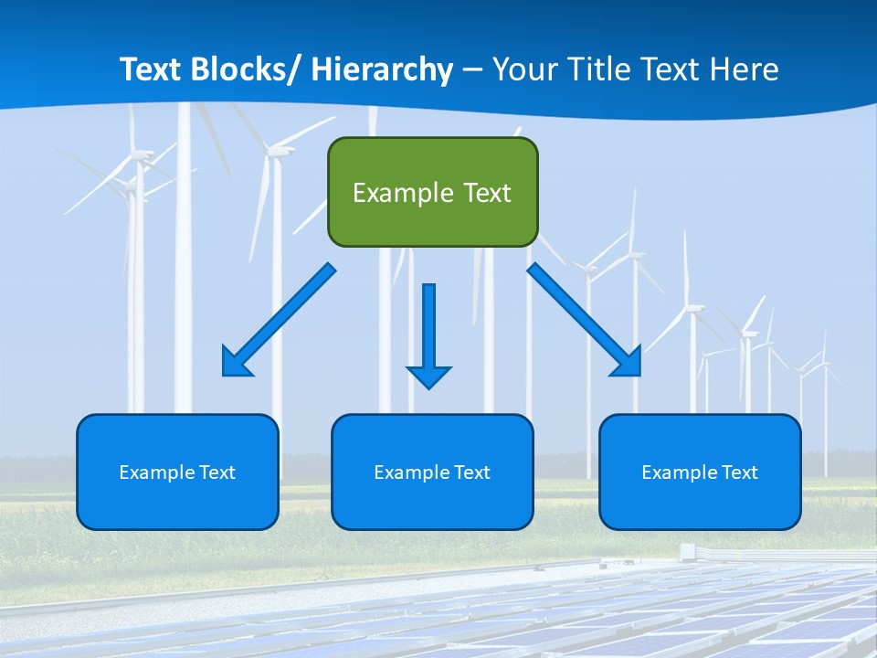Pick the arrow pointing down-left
(x=279, y=320)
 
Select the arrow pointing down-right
(x=585, y=320)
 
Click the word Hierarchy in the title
(x=381, y=69)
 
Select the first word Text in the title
(x=148, y=69)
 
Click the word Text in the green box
(x=487, y=193)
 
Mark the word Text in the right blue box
(x=739, y=472)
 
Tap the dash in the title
(x=472, y=70)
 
